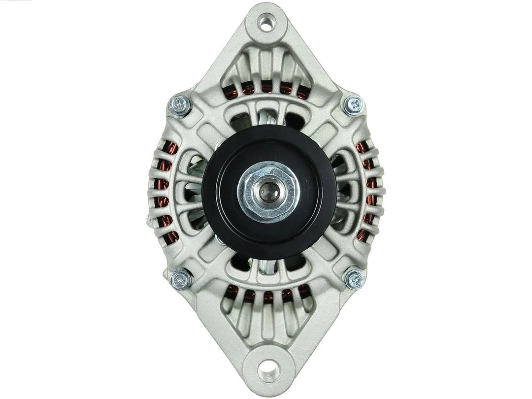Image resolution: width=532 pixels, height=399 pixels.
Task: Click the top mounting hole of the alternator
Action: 266,23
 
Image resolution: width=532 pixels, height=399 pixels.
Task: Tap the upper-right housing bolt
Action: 354,104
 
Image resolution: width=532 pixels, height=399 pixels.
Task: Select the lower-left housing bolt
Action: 181,279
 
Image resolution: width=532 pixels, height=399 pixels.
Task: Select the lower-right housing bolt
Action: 355,279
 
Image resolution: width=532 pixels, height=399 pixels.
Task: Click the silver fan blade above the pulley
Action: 266,118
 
